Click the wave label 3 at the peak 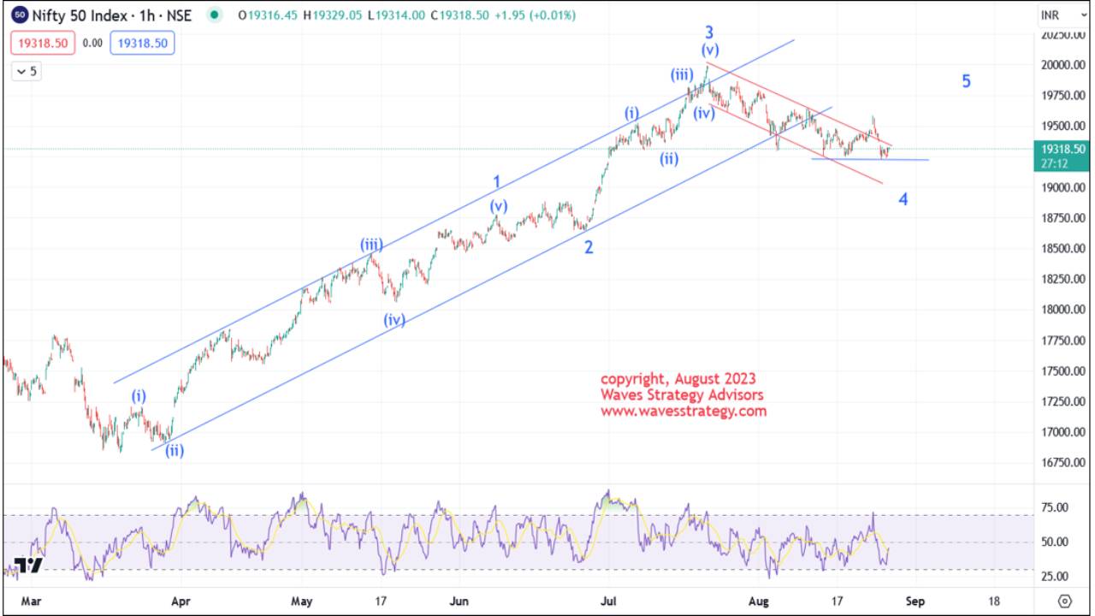click(709, 33)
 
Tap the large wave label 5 click(966, 81)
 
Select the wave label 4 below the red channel click(903, 199)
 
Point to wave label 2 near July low click(589, 248)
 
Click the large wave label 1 click(496, 181)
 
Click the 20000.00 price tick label click(1060, 65)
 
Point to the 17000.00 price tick click(1060, 432)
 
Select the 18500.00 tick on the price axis click(1060, 249)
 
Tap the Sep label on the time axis click(915, 601)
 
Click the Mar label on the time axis click(31, 601)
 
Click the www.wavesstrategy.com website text click(684, 412)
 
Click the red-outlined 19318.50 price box click(43, 43)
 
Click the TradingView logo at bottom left click(28, 566)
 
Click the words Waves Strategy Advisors click(682, 394)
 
